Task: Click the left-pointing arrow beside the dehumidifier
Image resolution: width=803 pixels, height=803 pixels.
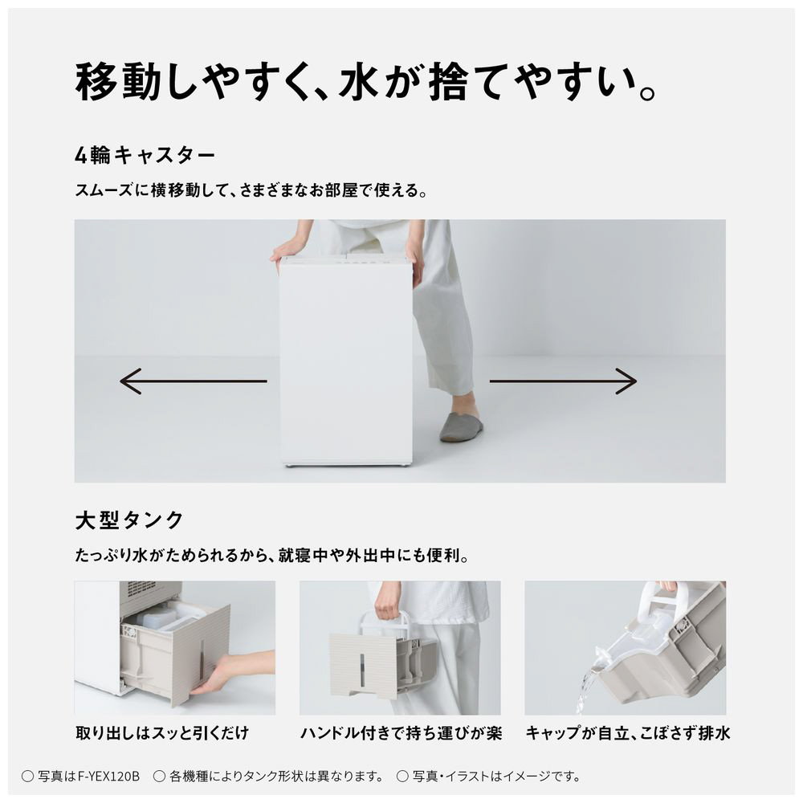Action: click(x=193, y=381)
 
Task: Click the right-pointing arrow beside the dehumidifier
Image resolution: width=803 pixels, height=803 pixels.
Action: click(x=563, y=381)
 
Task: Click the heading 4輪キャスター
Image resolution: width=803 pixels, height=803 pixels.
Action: click(x=145, y=155)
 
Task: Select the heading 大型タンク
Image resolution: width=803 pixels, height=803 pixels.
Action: click(x=129, y=520)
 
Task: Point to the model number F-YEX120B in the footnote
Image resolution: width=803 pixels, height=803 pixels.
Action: click(x=108, y=777)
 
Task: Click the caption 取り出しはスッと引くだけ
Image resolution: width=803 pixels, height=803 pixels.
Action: click(x=162, y=733)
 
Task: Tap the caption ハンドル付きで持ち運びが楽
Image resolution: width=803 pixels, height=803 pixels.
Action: click(x=401, y=733)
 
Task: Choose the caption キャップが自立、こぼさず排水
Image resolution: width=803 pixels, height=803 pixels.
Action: click(x=628, y=733)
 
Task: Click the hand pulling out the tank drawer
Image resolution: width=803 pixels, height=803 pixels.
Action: click(x=233, y=672)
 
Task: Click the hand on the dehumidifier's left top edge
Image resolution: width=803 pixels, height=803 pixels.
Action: click(x=287, y=251)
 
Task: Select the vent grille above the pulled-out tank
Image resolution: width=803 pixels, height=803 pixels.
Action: click(x=141, y=587)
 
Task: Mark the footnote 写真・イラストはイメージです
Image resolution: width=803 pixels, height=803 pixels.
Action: click(x=495, y=777)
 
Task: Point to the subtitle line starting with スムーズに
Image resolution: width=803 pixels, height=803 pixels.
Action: click(x=251, y=190)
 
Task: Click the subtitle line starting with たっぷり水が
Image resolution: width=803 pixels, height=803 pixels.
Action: click(x=272, y=555)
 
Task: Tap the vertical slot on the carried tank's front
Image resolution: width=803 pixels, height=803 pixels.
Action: click(x=362, y=670)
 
